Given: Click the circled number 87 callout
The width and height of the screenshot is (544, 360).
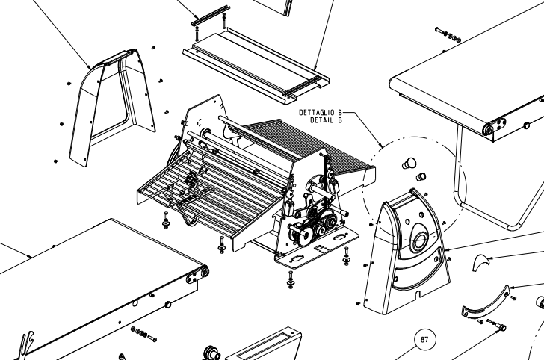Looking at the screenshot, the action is coord(424,339).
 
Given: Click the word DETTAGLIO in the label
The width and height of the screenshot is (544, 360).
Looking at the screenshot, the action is coord(316,112).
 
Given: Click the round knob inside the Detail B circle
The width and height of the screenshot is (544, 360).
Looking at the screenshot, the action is coord(409,163).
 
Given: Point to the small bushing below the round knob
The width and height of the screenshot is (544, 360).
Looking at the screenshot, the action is coord(421,176).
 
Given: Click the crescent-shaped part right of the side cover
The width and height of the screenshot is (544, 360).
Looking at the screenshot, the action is coord(480,262).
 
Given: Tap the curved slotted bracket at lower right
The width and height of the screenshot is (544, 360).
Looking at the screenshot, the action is coord(486,302).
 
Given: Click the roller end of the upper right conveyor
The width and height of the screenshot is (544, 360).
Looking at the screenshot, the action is coord(489,129).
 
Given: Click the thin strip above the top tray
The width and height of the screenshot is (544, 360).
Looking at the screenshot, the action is coord(210,16).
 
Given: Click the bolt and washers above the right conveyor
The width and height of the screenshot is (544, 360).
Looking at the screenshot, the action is coord(448,34).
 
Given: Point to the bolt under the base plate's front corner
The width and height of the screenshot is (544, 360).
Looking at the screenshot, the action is coord(291,279).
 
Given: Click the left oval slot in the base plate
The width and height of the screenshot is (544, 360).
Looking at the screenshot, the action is coord(297,258).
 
